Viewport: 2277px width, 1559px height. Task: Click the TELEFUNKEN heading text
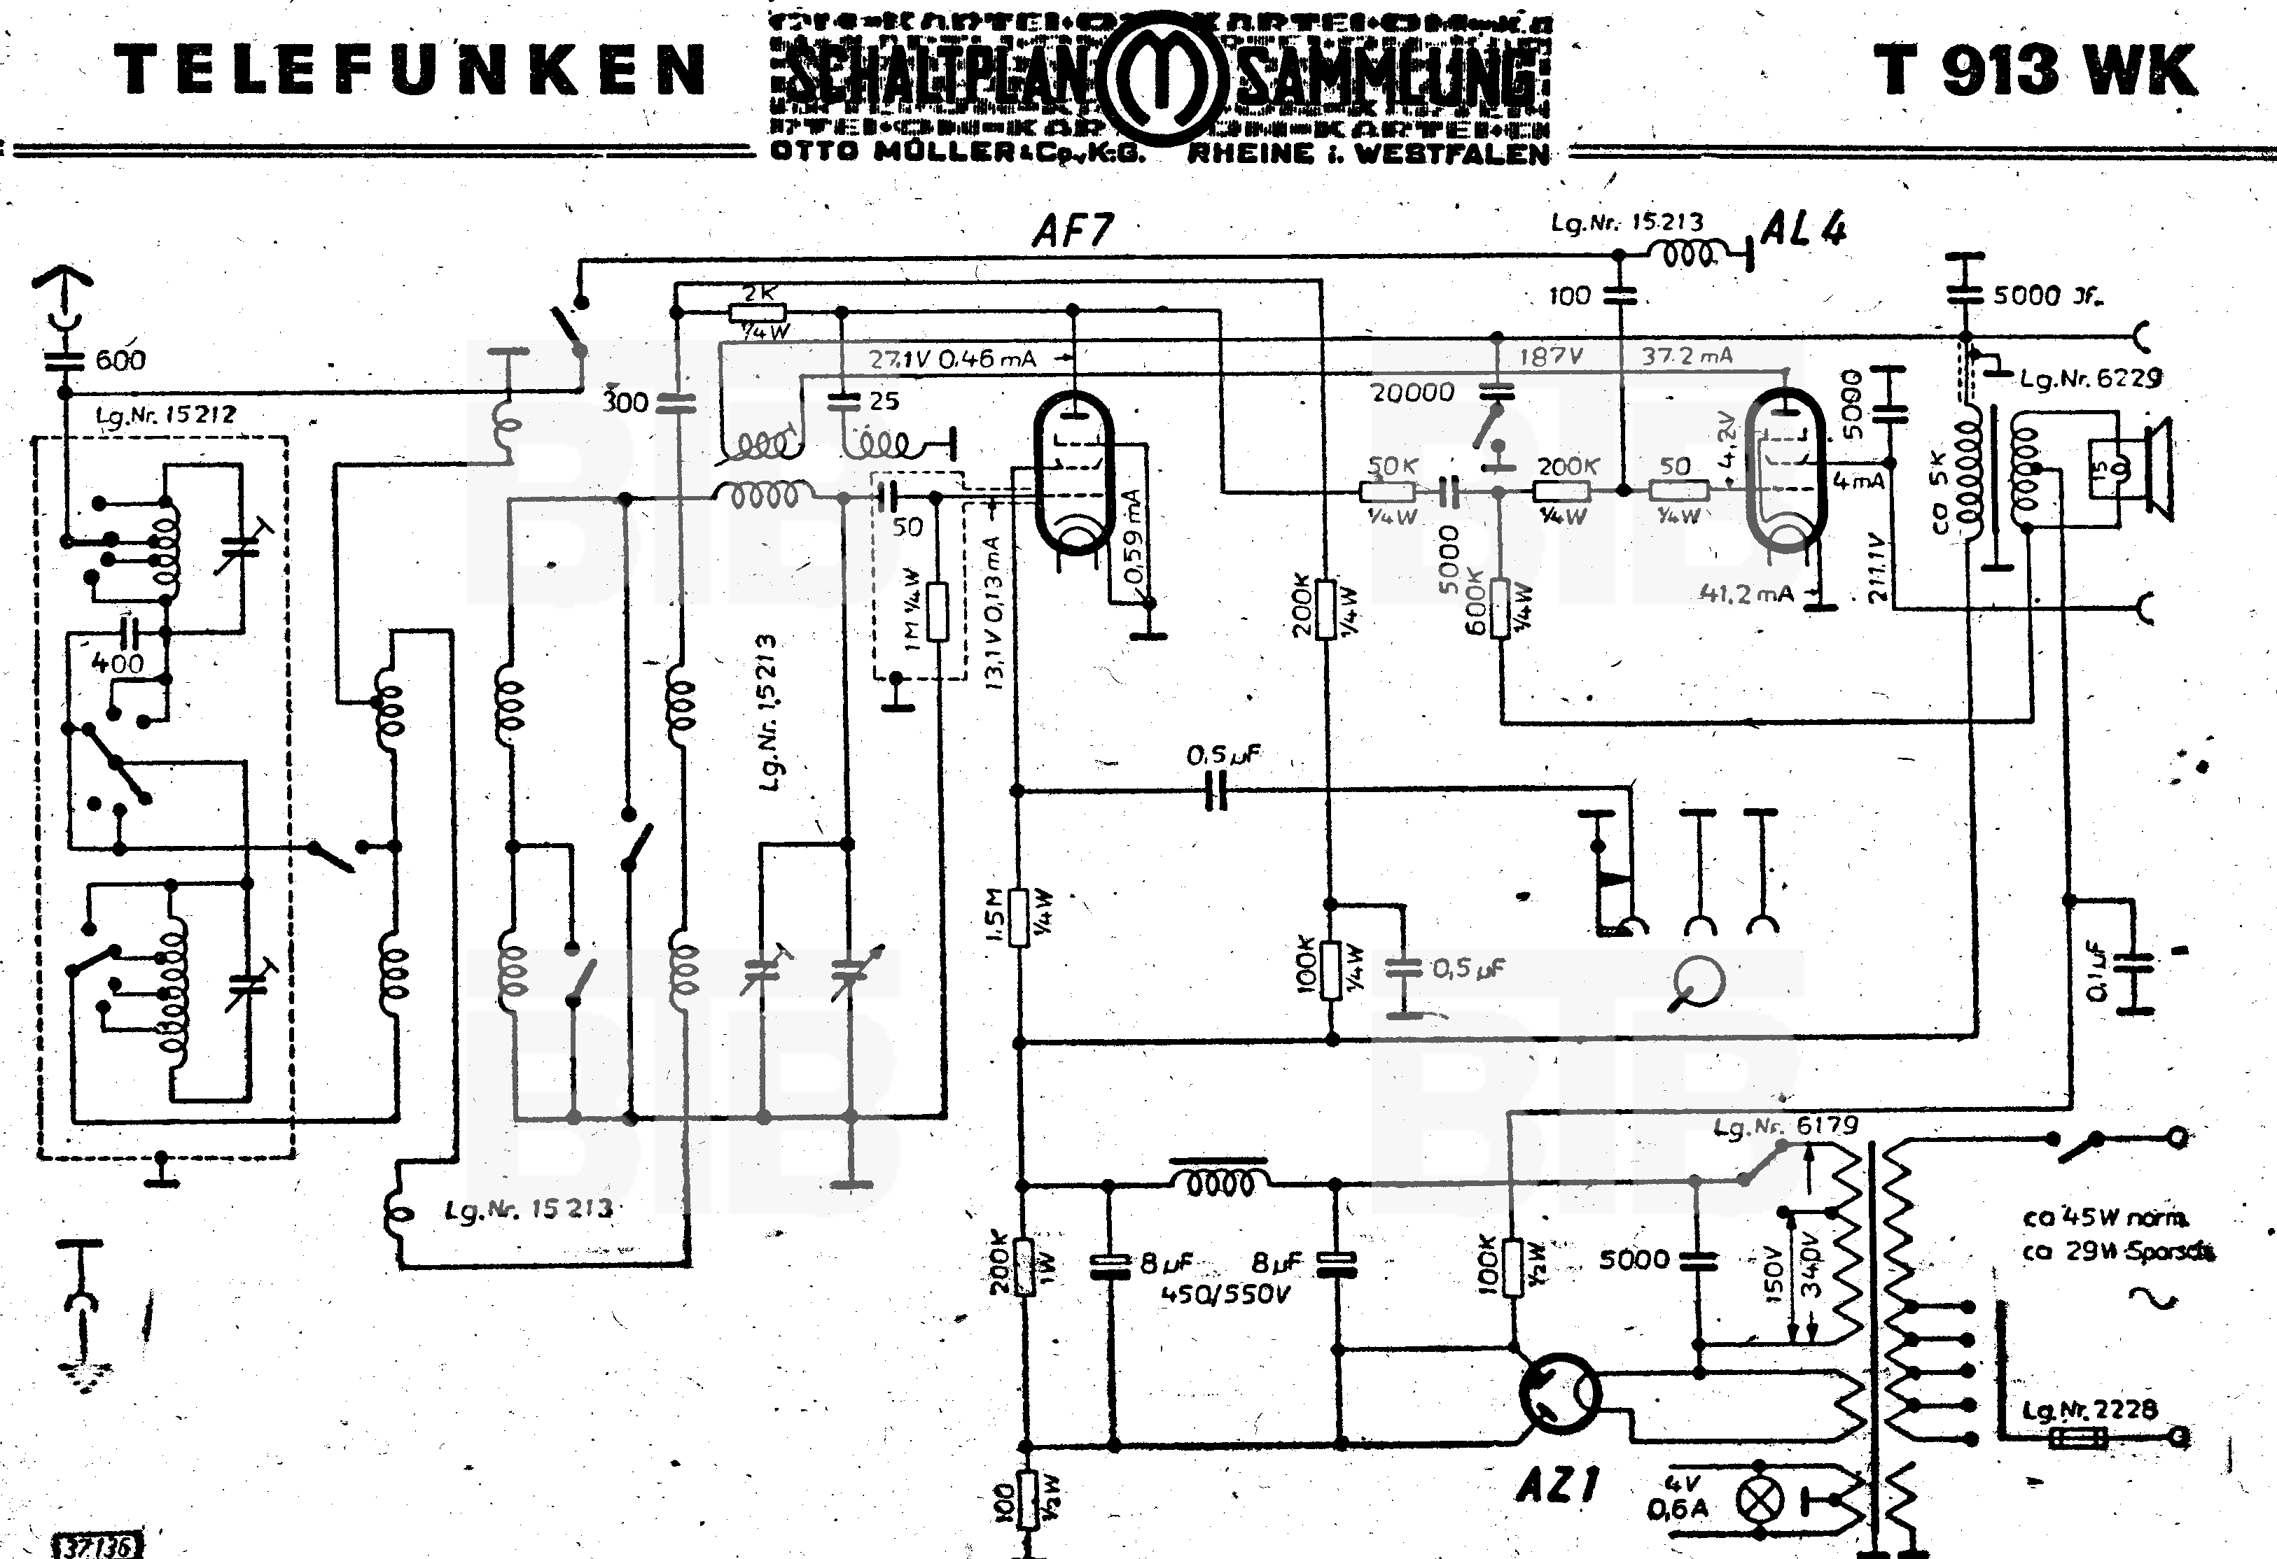pos(410,71)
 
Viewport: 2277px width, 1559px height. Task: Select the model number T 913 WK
pos(2035,71)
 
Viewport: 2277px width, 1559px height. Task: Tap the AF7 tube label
pos(1073,231)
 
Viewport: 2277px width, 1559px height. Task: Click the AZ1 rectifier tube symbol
pos(1560,1393)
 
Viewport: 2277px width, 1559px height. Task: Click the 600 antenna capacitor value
pos(120,360)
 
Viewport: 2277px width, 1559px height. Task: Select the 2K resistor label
pos(759,292)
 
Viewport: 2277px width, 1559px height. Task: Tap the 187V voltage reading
pos(1551,356)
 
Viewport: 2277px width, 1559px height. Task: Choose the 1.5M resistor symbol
pos(1019,917)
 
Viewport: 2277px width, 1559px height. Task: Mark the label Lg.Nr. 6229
pos(2090,378)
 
